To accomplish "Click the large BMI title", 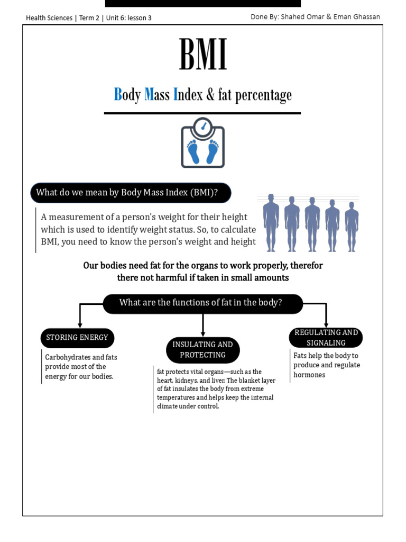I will [x=202, y=55].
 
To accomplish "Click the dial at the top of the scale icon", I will [x=202, y=127].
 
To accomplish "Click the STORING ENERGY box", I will [x=77, y=338].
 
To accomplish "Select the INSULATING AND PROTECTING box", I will [x=202, y=350].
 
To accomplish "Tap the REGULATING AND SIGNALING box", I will [x=326, y=338].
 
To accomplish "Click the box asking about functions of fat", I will [x=202, y=303].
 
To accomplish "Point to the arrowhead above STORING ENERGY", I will [x=79, y=324].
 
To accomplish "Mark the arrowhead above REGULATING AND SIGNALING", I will [x=326, y=324].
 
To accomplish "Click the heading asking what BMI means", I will [x=131, y=193].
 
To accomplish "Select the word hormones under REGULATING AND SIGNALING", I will [x=309, y=375].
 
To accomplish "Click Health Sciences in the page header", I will [x=49, y=17].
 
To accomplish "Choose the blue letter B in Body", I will [x=118, y=95].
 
